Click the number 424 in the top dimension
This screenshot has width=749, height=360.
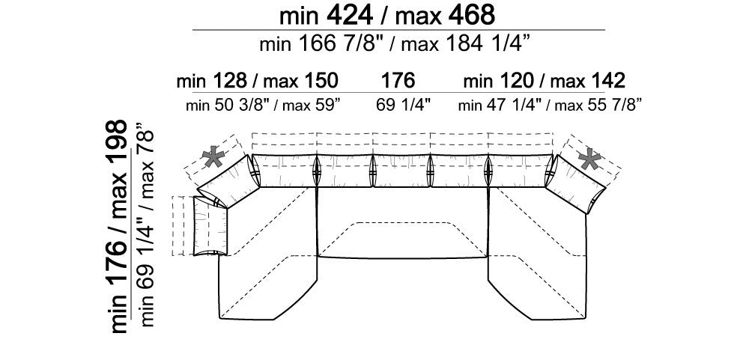pos(350,15)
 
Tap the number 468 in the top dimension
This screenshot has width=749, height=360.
pos(471,15)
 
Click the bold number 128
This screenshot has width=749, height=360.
pos(229,81)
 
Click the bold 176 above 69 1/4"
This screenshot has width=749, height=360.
pos(398,81)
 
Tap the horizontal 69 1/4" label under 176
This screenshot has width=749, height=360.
pos(404,105)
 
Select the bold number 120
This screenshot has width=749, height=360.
pos(516,81)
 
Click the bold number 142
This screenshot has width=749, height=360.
pos(607,81)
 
